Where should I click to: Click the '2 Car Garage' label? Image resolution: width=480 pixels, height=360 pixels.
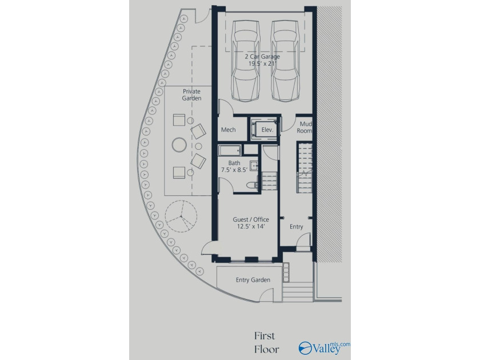tap(262, 57)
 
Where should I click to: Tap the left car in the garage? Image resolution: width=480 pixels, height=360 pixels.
tap(246, 61)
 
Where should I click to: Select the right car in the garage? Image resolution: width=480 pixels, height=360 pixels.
tap(285, 61)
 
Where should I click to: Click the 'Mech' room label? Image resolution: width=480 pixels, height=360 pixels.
tap(229, 130)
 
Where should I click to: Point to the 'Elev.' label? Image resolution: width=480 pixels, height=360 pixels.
tap(267, 130)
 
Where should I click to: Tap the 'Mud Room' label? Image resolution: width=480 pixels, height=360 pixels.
tap(305, 127)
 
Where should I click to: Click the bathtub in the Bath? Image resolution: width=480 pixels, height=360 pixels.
tap(230, 150)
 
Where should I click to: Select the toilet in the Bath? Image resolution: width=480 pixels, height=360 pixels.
tap(252, 185)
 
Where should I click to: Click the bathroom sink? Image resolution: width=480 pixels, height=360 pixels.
tap(254, 166)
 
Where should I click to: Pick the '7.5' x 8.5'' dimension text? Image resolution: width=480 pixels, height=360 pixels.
tap(234, 170)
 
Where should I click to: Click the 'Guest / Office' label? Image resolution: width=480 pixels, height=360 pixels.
tap(251, 219)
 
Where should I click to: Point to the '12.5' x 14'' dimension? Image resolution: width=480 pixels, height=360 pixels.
tap(251, 226)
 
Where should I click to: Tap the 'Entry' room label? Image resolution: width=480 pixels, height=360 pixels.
tap(297, 227)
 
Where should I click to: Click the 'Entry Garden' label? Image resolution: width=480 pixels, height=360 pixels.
tap(253, 280)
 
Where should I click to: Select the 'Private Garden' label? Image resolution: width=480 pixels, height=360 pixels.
tap(191, 95)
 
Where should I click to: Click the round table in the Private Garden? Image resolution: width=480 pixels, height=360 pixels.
tap(179, 145)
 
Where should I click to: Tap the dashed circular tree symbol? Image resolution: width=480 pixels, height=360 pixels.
tap(181, 217)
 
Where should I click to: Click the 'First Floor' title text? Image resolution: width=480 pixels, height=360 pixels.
tap(267, 342)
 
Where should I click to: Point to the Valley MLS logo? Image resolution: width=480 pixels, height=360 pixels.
tap(324, 348)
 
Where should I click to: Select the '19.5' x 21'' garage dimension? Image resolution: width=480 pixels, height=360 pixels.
tap(262, 63)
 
